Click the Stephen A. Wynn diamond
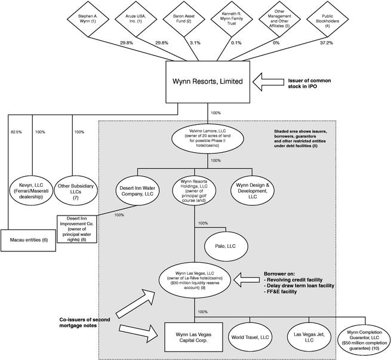click(88, 19)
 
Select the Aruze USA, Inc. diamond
click(136, 19)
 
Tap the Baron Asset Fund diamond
click(184, 19)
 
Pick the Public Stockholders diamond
click(327, 19)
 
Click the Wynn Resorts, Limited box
click(208, 82)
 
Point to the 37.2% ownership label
click(327, 43)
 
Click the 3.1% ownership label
click(195, 43)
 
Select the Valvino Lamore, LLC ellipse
click(208, 138)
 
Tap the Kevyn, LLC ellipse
click(31, 191)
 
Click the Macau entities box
click(28, 241)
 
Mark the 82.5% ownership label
click(16, 132)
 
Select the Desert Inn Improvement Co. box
click(77, 229)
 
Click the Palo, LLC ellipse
click(226, 247)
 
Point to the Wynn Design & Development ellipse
click(253, 191)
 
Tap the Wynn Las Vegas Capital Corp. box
click(193, 337)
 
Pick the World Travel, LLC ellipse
click(250, 337)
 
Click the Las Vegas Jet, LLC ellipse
click(309, 337)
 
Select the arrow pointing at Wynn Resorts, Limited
click(268, 82)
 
